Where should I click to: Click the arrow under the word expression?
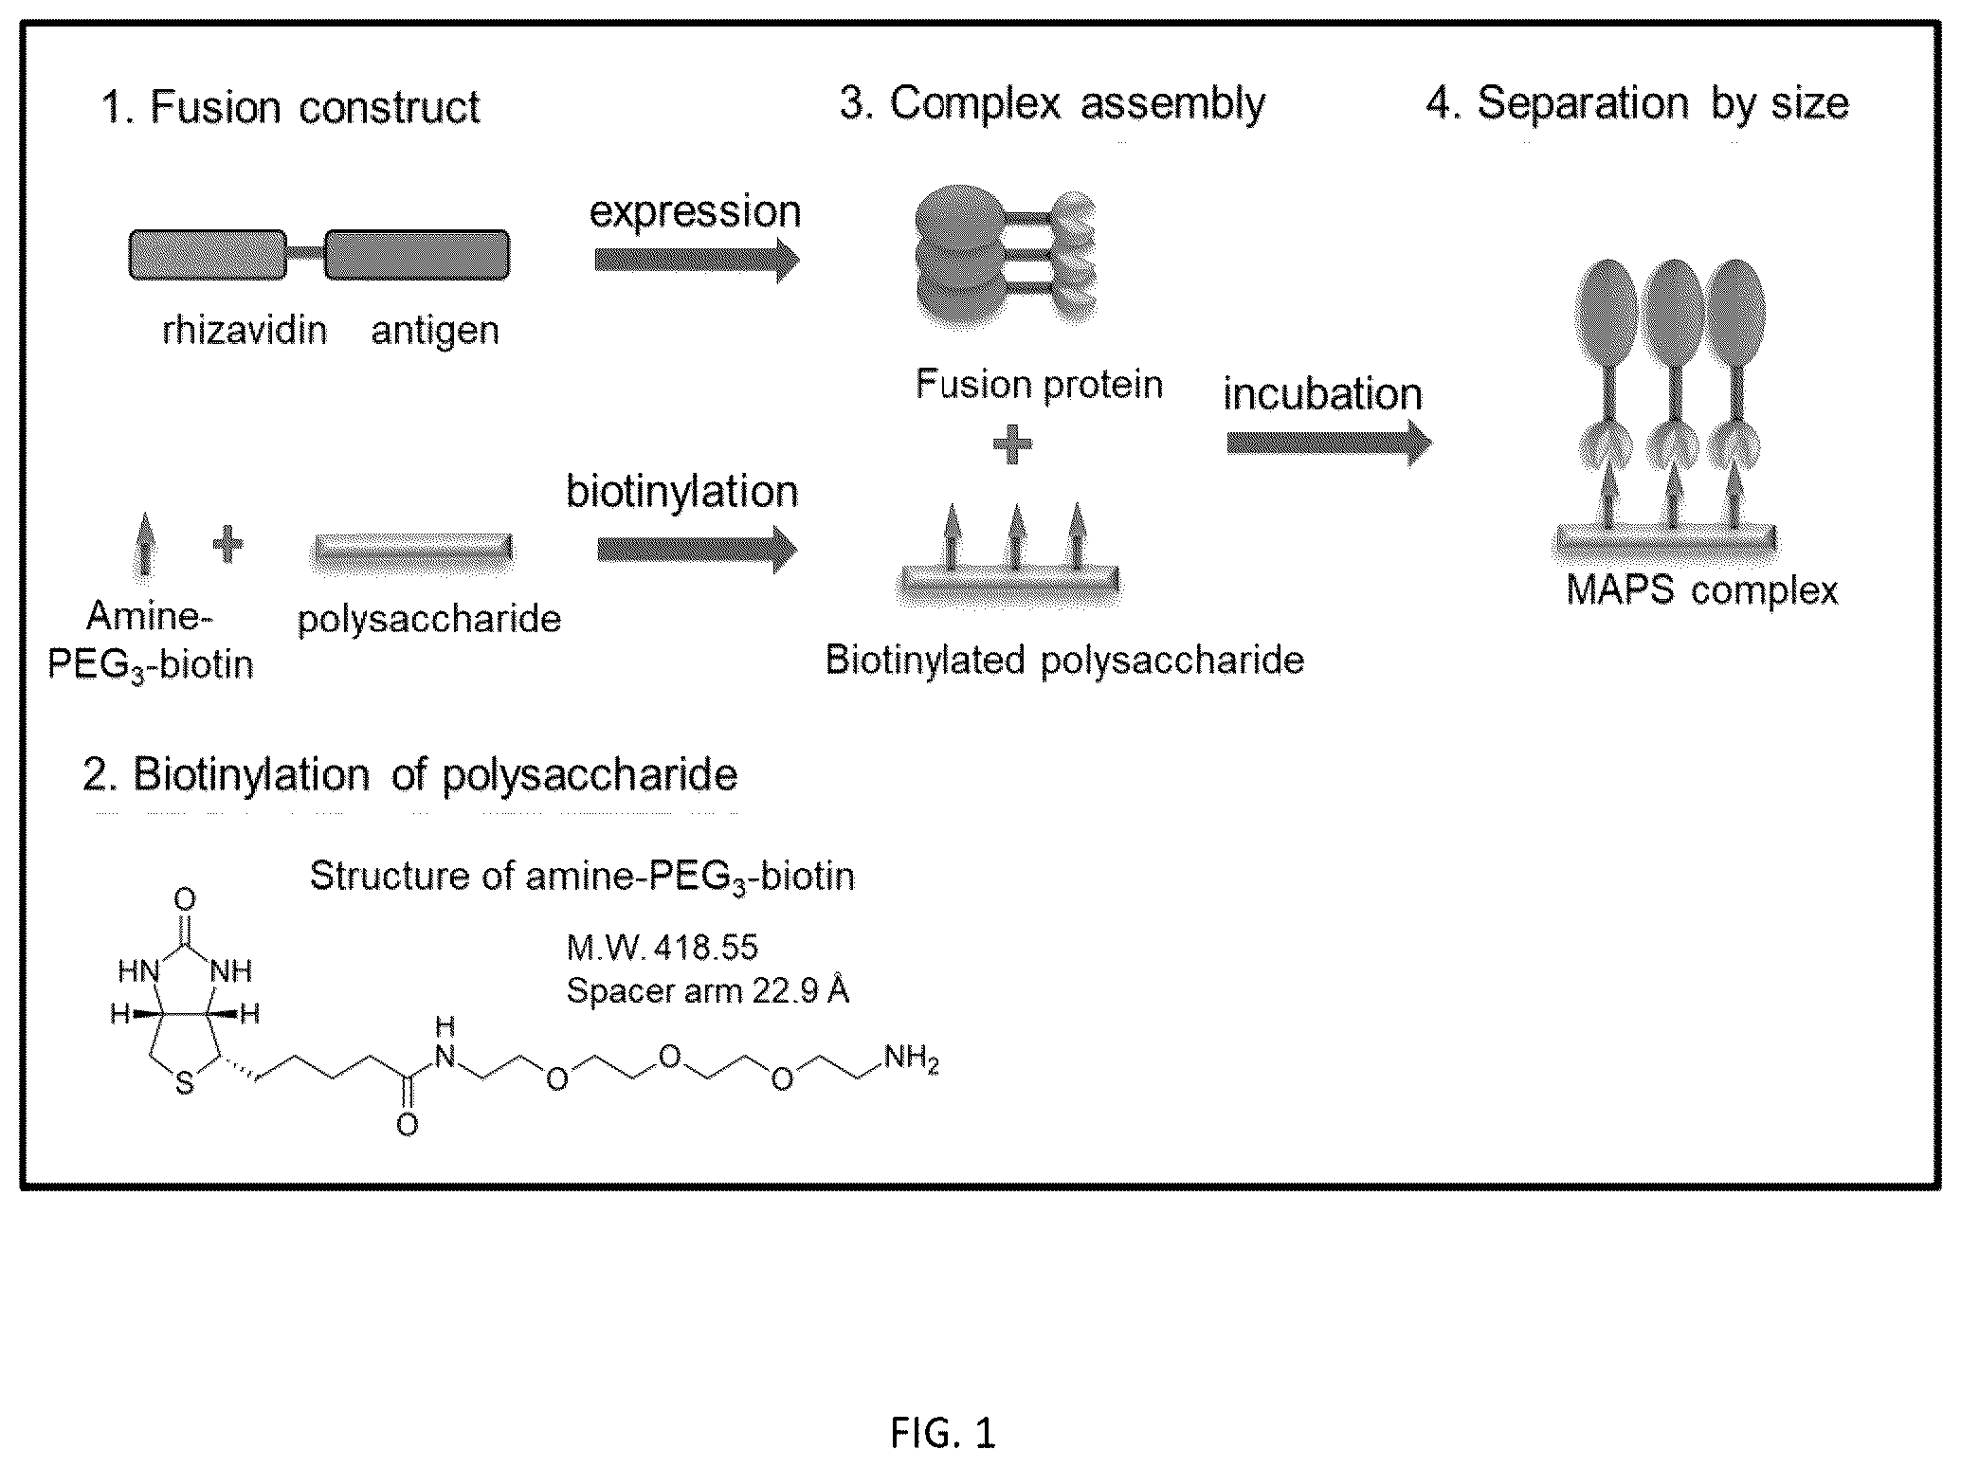697,260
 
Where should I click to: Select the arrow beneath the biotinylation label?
698,549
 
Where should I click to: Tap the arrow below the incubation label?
1329,443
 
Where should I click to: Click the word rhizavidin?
245,331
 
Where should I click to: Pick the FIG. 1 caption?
943,1432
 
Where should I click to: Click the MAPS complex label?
1701,590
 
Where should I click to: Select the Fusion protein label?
1039,385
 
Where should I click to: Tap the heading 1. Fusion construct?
290,106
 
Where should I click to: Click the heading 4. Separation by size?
1637,102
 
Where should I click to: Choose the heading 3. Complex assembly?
1052,102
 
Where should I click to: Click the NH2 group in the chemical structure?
911,1058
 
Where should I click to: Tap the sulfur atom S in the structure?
185,1083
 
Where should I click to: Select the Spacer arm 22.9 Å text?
707,990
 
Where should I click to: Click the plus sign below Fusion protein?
1012,444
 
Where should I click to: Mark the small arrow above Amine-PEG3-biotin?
144,543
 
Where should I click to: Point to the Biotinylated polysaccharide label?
1064,661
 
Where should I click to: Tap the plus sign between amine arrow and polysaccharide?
227,544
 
